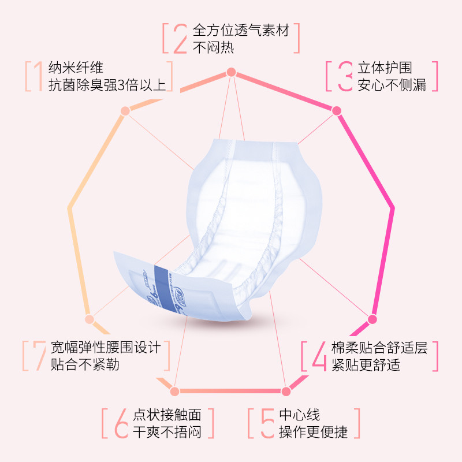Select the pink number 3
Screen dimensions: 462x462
345,76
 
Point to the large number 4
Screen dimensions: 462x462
319,356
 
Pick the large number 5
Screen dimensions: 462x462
266,423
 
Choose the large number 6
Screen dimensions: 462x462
121,423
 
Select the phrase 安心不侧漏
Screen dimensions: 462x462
392,85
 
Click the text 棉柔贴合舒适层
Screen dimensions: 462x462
379,348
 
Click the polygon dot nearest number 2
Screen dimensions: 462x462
231,72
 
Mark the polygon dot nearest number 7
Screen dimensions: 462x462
89,319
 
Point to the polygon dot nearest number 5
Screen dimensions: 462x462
285,392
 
